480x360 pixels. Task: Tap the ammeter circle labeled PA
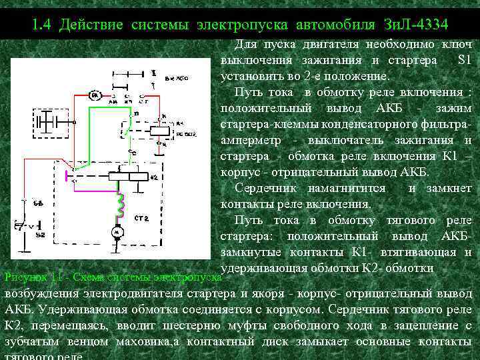pos(97,97)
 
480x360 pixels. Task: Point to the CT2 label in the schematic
pos(141,218)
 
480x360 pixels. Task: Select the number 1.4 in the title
pos(41,25)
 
